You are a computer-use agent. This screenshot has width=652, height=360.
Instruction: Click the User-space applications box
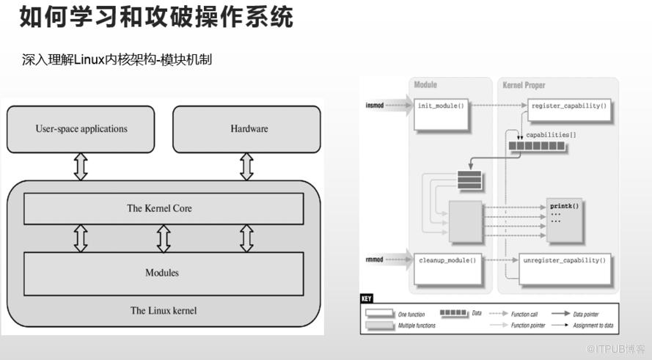pyautogui.click(x=81, y=129)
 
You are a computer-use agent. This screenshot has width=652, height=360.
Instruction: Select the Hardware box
pyautogui.click(x=249, y=129)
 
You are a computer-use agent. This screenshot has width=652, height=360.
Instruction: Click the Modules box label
pyautogui.click(x=162, y=273)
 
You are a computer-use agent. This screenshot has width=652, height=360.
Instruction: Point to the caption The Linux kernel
pyautogui.click(x=163, y=310)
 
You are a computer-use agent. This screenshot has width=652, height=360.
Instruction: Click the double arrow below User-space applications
pyautogui.click(x=81, y=166)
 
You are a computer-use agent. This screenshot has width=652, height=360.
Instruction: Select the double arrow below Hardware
pyautogui.click(x=246, y=166)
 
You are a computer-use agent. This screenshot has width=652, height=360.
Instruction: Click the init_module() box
pyautogui.click(x=442, y=106)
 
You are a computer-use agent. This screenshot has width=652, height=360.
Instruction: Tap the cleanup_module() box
pyautogui.click(x=447, y=260)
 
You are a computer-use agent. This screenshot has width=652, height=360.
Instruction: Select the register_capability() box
pyautogui.click(x=568, y=106)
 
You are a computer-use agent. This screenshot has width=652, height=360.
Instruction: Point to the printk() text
pyautogui.click(x=565, y=206)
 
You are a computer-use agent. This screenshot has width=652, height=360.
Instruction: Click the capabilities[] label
pyautogui.click(x=551, y=135)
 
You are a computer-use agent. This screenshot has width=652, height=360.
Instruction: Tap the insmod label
pyautogui.click(x=375, y=106)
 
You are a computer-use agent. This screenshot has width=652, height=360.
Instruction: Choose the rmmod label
pyautogui.click(x=375, y=260)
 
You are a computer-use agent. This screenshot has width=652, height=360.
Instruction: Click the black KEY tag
pyautogui.click(x=367, y=299)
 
